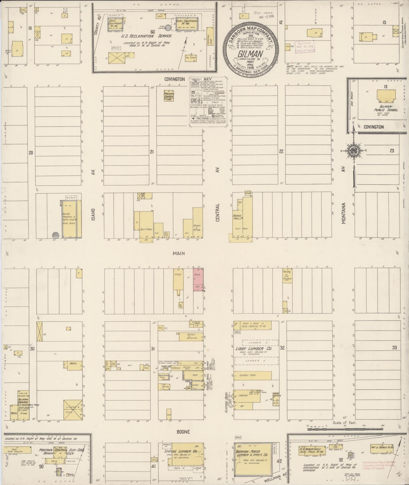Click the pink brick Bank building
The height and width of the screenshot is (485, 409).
197,279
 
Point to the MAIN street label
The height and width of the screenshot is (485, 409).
179,253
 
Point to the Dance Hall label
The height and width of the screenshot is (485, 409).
236,217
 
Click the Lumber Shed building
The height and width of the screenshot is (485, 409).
253,375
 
